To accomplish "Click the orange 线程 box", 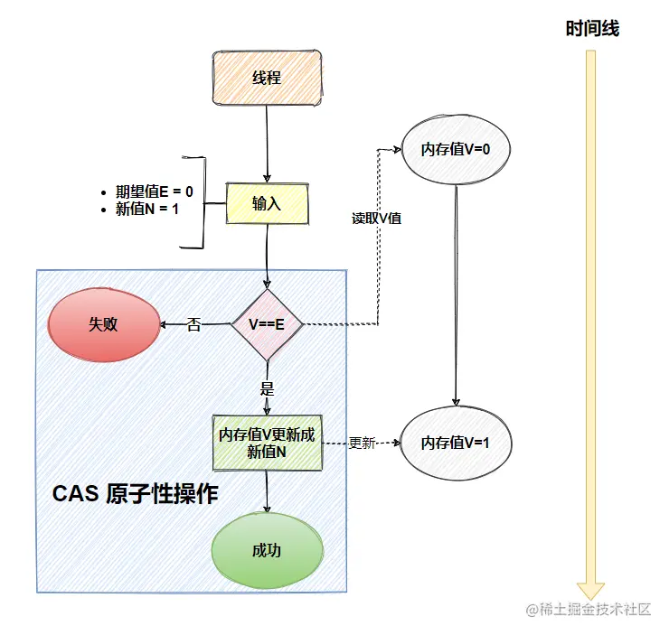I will pos(267,78).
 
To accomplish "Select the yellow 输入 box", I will pos(267,204).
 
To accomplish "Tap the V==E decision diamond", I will pos(267,324).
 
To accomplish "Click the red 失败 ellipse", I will pos(103,325).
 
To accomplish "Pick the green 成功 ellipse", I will pos(267,551).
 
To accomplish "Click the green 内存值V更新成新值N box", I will pos(267,444).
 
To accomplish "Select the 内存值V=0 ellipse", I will pos(456,150).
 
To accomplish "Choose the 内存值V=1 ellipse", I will pos(456,444).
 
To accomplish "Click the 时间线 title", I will pos(592,29).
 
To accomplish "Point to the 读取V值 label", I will pos(377,219).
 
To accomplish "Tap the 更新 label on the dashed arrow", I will pos(362,444).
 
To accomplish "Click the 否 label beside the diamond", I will pos(193,324).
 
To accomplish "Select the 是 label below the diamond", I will pos(267,390).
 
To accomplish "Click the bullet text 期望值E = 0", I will pos(155,191).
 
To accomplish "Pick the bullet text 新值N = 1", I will pos(148,210).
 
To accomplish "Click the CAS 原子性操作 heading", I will pos(135,494).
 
